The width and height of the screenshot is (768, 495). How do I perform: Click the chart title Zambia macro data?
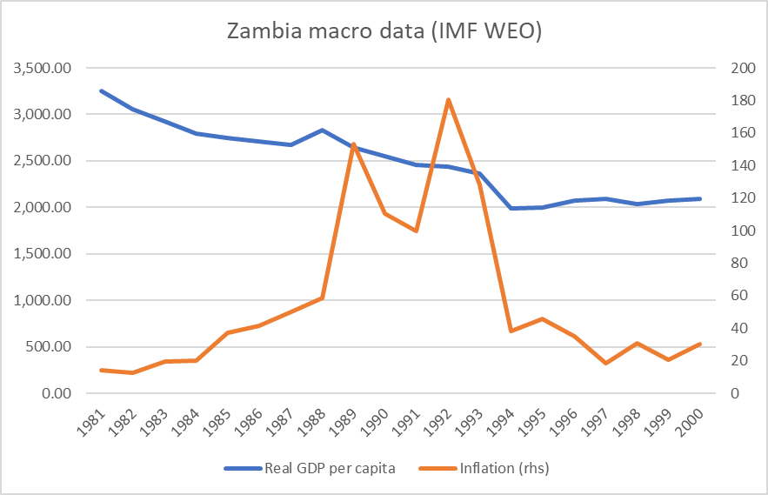384,30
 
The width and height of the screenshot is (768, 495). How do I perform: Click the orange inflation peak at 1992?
448,100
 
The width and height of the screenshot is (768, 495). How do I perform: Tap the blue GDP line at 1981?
102,90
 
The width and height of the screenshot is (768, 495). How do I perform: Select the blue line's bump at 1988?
323,130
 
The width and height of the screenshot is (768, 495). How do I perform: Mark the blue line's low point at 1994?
511,209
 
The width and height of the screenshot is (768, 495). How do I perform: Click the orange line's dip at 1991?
417,231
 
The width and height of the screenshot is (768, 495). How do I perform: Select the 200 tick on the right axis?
725,68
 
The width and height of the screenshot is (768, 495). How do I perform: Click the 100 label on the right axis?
725,231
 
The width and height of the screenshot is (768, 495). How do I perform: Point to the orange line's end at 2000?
700,344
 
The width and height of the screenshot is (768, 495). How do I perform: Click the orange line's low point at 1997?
606,363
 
